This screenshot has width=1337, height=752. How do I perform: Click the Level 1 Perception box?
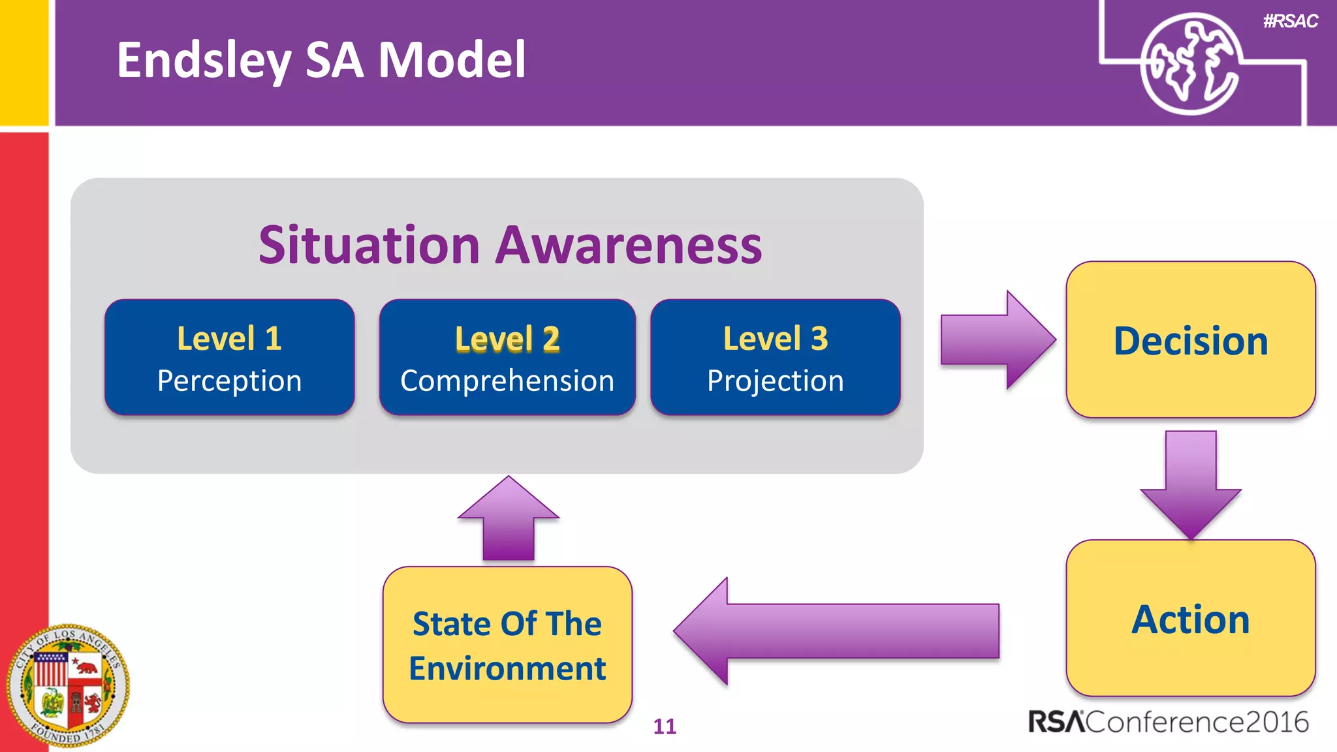[229, 357]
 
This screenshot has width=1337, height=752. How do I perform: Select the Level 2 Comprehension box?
[507, 357]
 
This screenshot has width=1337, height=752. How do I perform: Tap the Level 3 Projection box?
[776, 357]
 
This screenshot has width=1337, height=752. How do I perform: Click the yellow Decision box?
[1190, 340]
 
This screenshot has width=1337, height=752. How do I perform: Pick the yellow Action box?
[1190, 618]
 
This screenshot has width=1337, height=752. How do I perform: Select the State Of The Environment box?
[507, 645]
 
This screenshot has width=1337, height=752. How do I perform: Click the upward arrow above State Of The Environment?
[509, 520]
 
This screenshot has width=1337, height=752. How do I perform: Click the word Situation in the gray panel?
[370, 245]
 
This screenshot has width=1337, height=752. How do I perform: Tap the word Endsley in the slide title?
[203, 61]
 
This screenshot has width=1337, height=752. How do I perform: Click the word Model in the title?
[452, 60]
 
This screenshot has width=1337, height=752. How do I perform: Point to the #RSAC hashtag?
[1290, 22]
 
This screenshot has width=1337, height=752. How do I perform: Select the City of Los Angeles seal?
[68, 685]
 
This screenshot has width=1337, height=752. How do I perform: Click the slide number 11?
[665, 727]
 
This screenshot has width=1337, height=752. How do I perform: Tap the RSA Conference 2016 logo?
[1168, 722]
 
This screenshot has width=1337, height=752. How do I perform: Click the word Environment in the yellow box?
[507, 668]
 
